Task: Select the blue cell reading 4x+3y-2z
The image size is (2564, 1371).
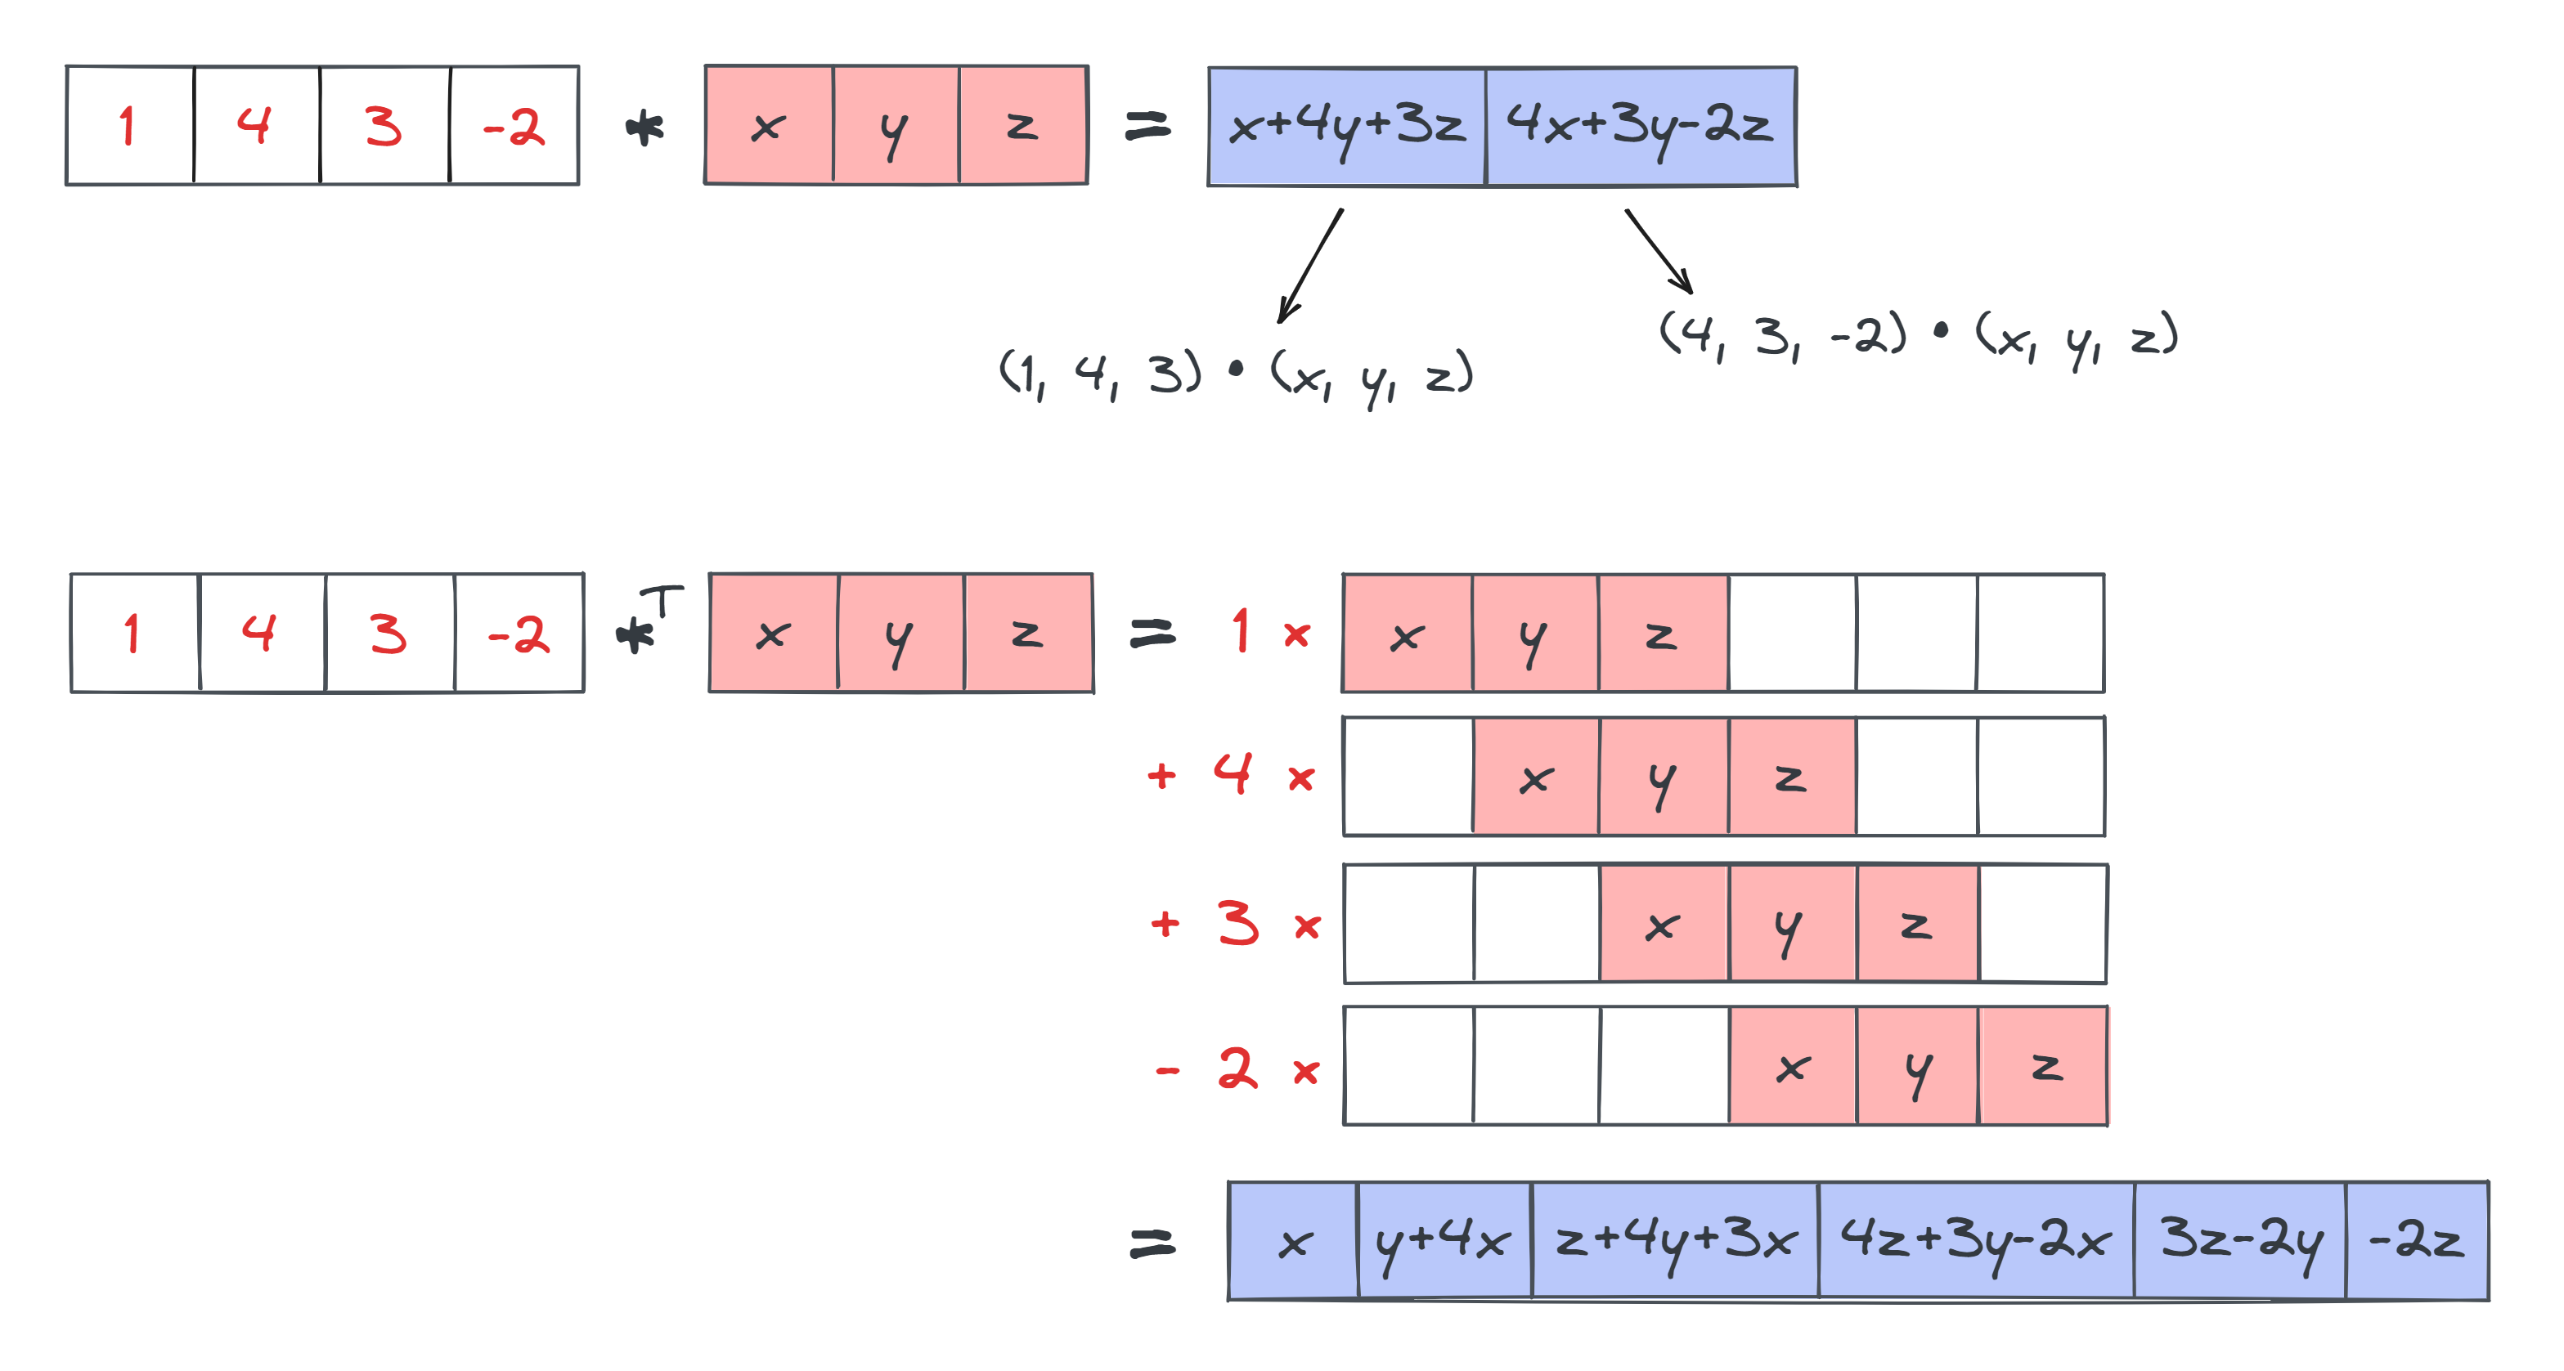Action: pyautogui.click(x=1641, y=127)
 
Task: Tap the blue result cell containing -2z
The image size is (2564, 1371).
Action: pyautogui.click(x=2416, y=1241)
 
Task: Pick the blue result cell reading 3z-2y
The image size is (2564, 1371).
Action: pyautogui.click(x=2239, y=1241)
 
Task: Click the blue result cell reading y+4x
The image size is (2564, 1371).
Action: pyautogui.click(x=1444, y=1241)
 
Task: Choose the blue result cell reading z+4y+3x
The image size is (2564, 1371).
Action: pyautogui.click(x=1674, y=1241)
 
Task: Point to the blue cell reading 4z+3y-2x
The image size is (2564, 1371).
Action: pyautogui.click(x=1975, y=1241)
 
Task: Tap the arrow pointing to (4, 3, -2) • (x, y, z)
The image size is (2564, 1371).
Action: pyautogui.click(x=1659, y=252)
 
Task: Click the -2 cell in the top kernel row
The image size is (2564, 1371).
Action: pyautogui.click(x=514, y=127)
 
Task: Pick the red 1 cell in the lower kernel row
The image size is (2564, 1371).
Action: pyautogui.click(x=133, y=633)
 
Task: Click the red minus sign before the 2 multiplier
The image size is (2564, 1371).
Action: pyautogui.click(x=1166, y=1072)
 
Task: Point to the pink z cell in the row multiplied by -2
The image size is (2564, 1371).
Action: pyautogui.click(x=2044, y=1067)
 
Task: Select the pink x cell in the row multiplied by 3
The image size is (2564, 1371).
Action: pyautogui.click(x=1664, y=925)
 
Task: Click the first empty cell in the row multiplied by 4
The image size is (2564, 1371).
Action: pyautogui.click(x=1408, y=777)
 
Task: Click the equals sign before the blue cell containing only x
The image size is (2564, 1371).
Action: pyautogui.click(x=1152, y=1243)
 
